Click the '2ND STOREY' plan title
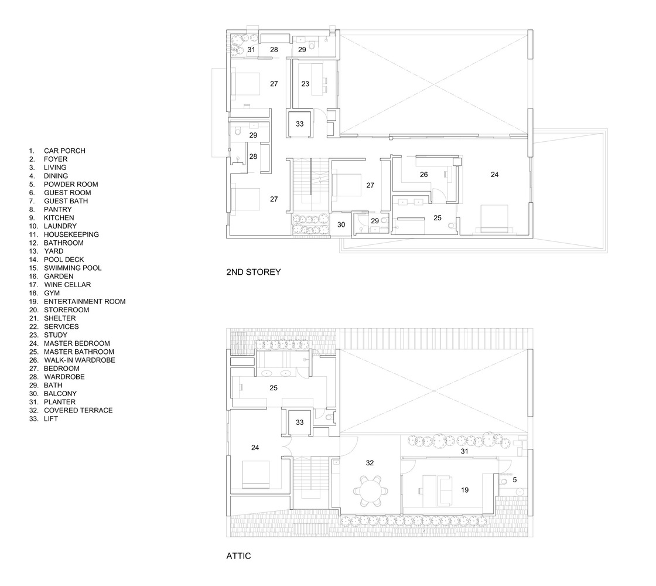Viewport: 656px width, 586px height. point(253,272)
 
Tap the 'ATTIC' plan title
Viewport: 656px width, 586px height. point(238,556)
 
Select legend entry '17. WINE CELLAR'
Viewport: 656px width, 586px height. point(60,285)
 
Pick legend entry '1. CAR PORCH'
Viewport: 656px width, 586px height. point(57,151)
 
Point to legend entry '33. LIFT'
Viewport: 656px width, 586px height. point(43,418)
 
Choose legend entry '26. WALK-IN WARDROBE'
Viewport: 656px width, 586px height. point(72,360)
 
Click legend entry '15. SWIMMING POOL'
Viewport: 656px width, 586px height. point(65,268)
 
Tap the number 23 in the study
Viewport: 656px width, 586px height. point(305,84)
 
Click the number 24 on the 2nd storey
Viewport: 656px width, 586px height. point(494,175)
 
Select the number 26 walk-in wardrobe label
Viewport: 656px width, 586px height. point(424,175)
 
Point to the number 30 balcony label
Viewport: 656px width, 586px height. point(341,225)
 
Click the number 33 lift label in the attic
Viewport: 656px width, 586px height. point(299,423)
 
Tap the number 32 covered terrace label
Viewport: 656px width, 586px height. point(370,463)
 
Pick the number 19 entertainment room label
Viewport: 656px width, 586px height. point(465,490)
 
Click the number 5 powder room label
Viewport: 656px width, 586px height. point(515,480)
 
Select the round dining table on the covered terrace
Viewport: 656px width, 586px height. point(371,491)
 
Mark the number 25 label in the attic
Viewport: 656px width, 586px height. point(274,388)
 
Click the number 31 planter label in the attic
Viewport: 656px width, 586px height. point(464,451)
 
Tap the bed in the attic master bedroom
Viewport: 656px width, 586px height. point(255,475)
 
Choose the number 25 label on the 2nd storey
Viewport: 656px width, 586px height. point(438,217)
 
